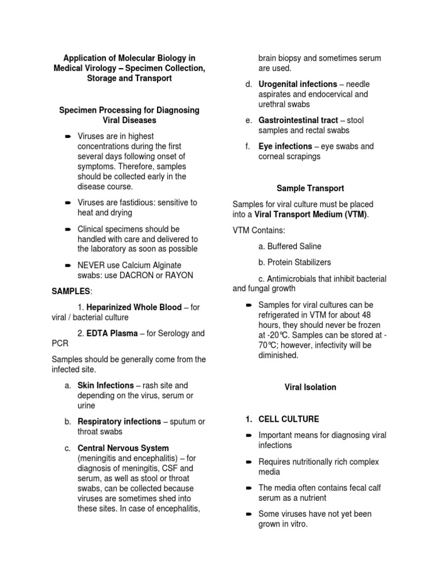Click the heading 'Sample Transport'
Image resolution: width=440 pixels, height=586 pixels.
click(x=310, y=188)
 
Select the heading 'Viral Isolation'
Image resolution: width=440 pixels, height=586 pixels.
click(x=310, y=387)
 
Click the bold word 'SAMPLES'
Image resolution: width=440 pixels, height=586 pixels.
click(x=71, y=291)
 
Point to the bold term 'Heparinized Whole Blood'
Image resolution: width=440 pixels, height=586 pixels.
click(x=133, y=307)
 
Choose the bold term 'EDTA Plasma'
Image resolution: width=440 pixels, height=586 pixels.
click(x=112, y=334)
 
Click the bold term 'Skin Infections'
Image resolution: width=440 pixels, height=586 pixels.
click(x=109, y=386)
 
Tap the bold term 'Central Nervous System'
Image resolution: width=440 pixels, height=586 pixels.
click(x=123, y=448)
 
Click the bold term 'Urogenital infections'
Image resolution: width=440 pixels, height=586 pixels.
click(x=297, y=84)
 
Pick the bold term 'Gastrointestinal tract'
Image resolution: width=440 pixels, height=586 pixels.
click(x=298, y=120)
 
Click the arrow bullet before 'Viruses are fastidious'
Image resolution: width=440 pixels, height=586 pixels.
click(x=67, y=203)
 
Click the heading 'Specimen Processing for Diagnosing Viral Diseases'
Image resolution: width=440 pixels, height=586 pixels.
click(x=129, y=115)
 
